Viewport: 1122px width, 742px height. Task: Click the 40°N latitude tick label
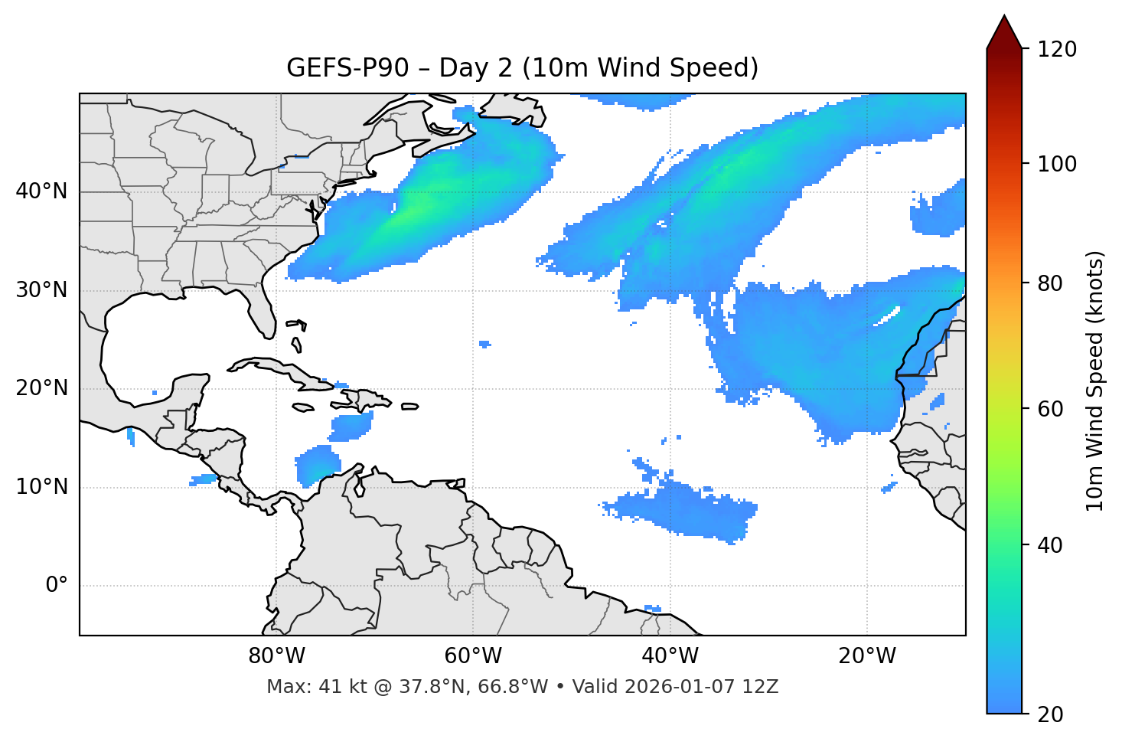[41, 191]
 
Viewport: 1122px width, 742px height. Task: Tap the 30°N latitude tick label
[41, 290]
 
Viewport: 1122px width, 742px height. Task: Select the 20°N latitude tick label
[41, 388]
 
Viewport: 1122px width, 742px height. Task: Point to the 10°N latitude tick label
[41, 487]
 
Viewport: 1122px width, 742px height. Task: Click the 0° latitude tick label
[57, 586]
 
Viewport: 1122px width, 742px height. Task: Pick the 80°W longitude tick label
[276, 656]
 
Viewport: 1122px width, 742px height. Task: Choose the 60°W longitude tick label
[473, 656]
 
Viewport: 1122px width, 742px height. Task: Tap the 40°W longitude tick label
[670, 656]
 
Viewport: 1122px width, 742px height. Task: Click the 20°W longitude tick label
[867, 656]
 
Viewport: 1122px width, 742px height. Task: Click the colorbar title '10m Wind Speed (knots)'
[1095, 381]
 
